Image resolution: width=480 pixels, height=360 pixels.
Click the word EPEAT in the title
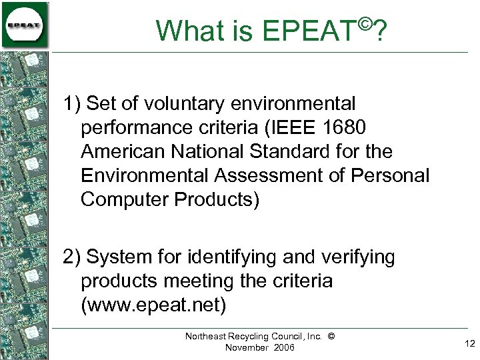pyautogui.click(x=311, y=31)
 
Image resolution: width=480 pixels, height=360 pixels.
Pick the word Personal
pyautogui.click(x=391, y=176)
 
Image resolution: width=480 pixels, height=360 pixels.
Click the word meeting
pyautogui.click(x=198, y=281)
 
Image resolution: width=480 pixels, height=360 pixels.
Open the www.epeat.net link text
pyautogui.click(x=154, y=305)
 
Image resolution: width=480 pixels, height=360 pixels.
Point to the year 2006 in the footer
pyautogui.click(x=282, y=347)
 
